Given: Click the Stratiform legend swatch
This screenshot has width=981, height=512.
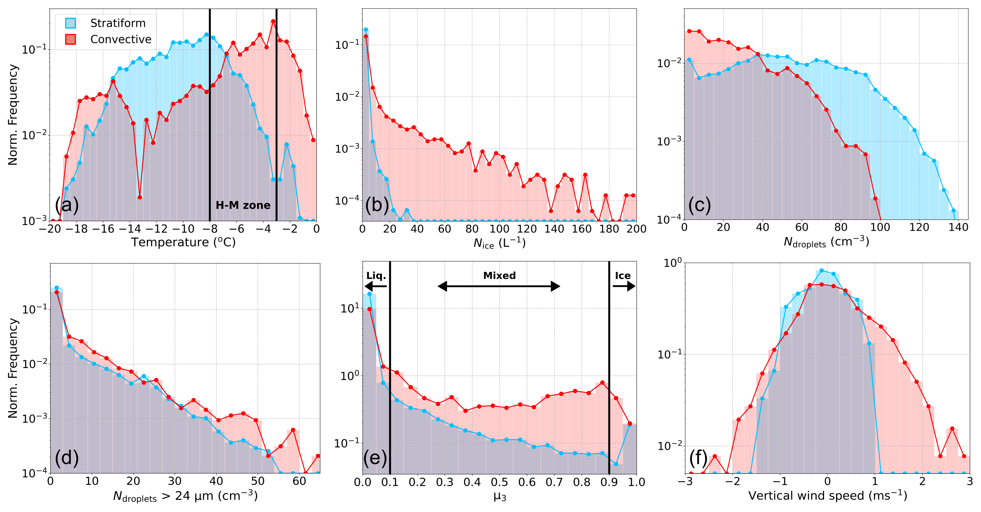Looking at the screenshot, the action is point(71,23).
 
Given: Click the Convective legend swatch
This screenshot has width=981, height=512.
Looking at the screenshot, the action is point(71,39).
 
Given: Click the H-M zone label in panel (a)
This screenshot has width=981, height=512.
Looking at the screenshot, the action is point(243,205).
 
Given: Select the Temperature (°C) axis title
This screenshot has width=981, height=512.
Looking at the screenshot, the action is point(183,242).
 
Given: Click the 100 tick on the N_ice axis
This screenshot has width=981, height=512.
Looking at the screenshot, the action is point(499,229).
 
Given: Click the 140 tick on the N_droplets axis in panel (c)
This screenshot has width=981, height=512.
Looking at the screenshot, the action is point(958,227).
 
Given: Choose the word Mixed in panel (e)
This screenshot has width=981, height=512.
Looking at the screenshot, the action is point(499,275).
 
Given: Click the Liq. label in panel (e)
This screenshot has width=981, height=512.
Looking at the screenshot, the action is point(376,276).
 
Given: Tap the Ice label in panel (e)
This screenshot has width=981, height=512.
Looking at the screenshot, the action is point(623,275).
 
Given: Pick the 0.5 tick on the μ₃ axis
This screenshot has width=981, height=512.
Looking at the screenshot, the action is point(499,482).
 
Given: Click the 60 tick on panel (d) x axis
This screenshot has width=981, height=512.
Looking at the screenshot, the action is point(299,481).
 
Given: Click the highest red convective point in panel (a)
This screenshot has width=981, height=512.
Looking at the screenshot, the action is point(273,21).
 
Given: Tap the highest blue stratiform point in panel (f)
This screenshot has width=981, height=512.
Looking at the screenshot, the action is point(821,270).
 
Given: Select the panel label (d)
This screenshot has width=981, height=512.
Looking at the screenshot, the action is point(67,457).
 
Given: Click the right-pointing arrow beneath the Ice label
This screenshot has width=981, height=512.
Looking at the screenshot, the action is point(624,286).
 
